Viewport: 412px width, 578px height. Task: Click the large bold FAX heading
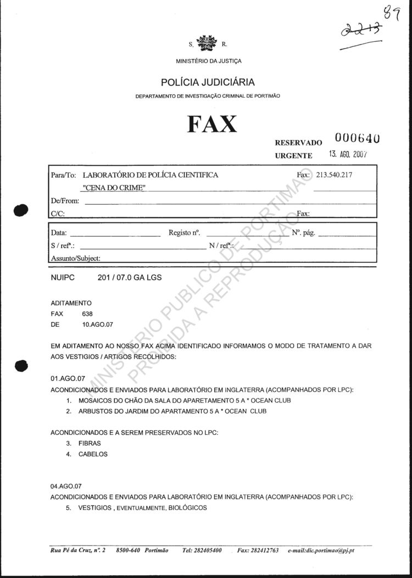[x=212, y=124]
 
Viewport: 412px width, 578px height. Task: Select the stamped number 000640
[x=357, y=138]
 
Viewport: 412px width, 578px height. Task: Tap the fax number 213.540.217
[x=333, y=175]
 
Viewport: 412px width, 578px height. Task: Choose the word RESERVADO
[x=298, y=143]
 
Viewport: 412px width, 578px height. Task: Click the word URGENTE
[x=293, y=155]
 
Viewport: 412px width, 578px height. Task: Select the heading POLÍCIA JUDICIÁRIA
[x=208, y=82]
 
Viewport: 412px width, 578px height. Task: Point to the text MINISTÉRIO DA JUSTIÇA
[x=208, y=61]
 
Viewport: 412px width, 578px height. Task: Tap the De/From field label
[x=65, y=201]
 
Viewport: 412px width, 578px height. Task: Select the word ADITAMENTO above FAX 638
[x=71, y=303]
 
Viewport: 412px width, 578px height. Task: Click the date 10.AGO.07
[x=97, y=324]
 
